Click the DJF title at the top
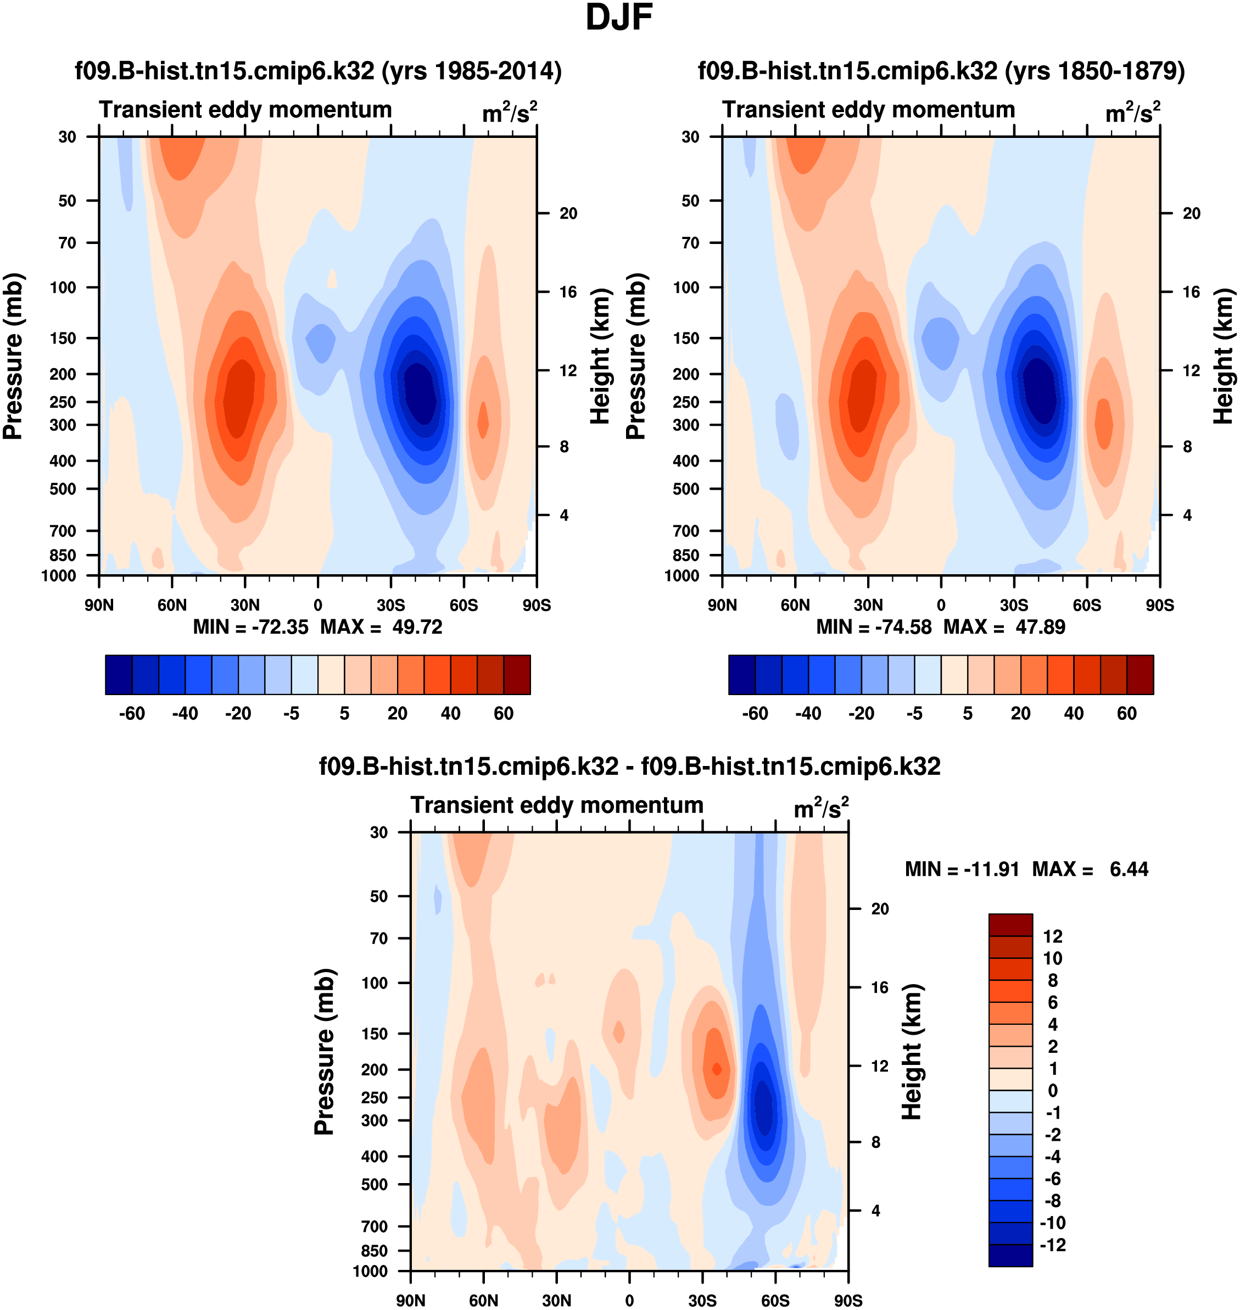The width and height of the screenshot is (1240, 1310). point(619,18)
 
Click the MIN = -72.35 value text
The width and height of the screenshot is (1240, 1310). point(250,627)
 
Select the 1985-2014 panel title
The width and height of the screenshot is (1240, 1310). point(318,71)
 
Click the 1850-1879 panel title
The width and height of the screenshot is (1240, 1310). point(941,71)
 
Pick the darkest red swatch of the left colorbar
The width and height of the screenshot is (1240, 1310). point(517,675)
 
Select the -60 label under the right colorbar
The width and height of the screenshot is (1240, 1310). point(755,714)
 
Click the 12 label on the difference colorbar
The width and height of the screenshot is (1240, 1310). point(1052,936)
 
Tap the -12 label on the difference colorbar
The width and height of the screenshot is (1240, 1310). point(1052,1245)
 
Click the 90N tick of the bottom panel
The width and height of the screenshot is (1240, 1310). point(410,1300)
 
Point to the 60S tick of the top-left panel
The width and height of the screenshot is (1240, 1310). point(463,605)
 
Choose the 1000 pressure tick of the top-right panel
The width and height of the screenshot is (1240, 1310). point(681,576)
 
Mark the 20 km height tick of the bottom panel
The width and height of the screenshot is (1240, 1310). point(880,909)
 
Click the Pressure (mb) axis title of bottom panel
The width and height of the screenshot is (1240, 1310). point(325,1051)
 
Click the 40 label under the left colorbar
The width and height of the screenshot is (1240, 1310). point(450,714)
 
